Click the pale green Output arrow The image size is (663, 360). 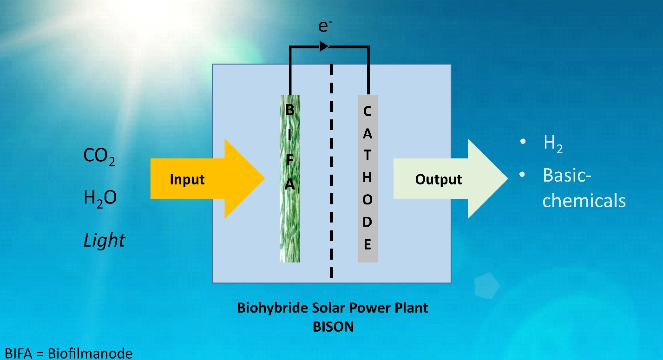pos(446,179)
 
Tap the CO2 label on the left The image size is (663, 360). pos(99,157)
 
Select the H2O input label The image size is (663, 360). pos(100,198)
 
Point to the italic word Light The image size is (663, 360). pos(104,240)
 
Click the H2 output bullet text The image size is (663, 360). pos(553,144)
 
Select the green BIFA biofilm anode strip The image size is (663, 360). pos(289,223)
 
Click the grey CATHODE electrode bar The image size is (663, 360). pos(368,178)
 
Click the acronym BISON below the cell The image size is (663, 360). pos(333,327)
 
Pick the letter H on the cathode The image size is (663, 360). pos(368,178)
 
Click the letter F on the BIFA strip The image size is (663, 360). pos(289,160)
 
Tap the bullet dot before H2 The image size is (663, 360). pos(523,142)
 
